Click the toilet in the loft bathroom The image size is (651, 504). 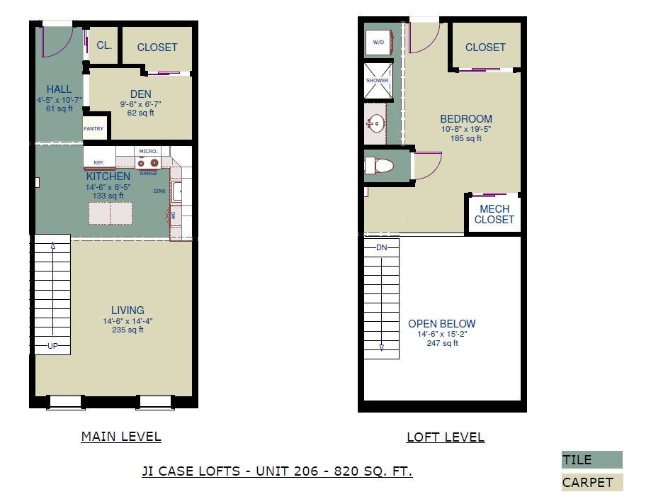point(379,166)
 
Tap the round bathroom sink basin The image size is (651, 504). point(377,123)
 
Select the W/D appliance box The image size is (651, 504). point(379,43)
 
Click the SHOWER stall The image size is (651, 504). point(378,81)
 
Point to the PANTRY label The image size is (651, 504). point(94,128)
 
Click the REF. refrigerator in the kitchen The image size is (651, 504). point(100,157)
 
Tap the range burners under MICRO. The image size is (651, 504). point(148,162)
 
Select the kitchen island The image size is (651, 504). point(111,213)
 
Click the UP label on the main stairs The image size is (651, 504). point(52,346)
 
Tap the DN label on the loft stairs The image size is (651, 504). point(382,247)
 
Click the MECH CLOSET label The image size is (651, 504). point(494,214)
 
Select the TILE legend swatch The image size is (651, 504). point(592,459)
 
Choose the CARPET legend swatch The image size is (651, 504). point(592,483)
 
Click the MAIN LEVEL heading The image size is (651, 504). point(121,437)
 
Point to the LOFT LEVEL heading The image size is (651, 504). point(446,437)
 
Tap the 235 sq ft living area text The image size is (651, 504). point(128,330)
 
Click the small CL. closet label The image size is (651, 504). point(104,45)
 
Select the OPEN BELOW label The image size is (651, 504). point(442,324)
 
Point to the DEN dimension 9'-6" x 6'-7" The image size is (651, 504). point(141,104)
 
